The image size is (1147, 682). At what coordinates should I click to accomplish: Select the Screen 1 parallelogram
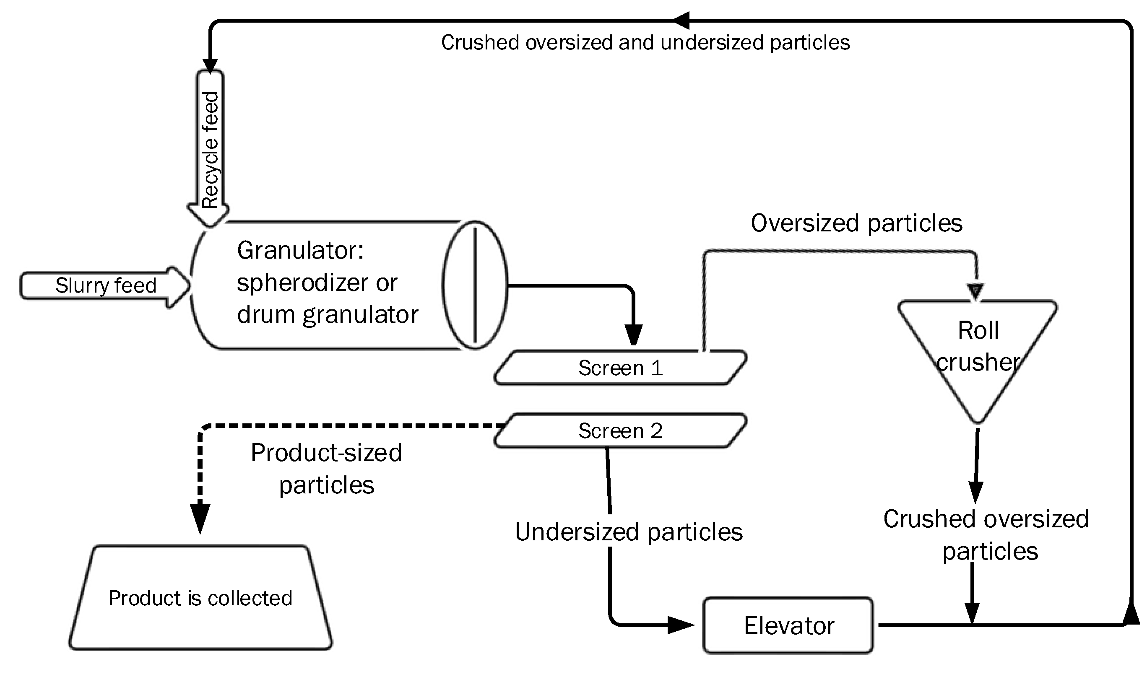[x=620, y=368]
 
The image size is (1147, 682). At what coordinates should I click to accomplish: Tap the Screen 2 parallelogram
[x=620, y=430]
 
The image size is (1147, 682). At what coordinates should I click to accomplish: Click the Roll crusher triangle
[x=978, y=345]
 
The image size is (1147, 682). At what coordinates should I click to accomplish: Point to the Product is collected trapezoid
[x=200, y=598]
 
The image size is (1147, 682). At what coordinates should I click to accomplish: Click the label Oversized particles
[x=856, y=223]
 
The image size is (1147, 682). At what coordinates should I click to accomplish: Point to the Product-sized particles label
[x=326, y=469]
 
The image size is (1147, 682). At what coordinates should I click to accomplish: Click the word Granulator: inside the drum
[x=300, y=251]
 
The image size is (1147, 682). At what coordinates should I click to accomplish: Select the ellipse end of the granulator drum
[x=475, y=285]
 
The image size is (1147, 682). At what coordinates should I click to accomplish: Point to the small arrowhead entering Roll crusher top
[x=975, y=291]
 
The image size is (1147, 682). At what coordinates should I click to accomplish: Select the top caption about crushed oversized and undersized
[x=645, y=43]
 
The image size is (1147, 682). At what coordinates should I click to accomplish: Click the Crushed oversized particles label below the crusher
[x=986, y=535]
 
